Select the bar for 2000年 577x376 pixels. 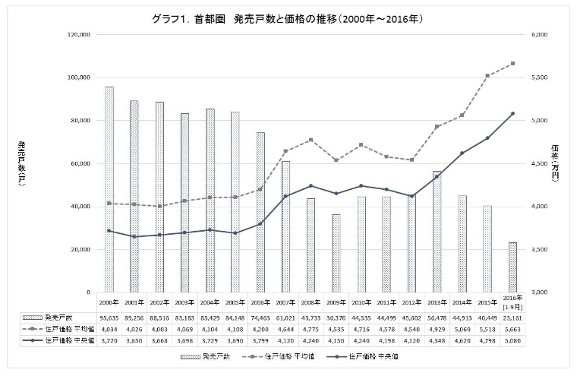click(109, 190)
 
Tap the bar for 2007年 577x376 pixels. click(285, 226)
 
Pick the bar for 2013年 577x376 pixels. click(436, 232)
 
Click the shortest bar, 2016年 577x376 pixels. click(512, 267)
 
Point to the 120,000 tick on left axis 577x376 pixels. click(79, 35)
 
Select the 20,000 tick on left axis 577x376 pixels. click(80, 249)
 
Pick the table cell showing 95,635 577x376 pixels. click(109, 317)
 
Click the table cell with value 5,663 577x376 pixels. click(512, 329)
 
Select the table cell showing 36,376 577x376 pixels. click(336, 317)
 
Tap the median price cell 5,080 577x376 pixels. click(512, 341)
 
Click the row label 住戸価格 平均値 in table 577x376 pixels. click(65, 329)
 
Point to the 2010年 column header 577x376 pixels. click(361, 302)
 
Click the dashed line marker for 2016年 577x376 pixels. click(512, 64)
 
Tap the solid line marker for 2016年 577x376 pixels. click(512, 114)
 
